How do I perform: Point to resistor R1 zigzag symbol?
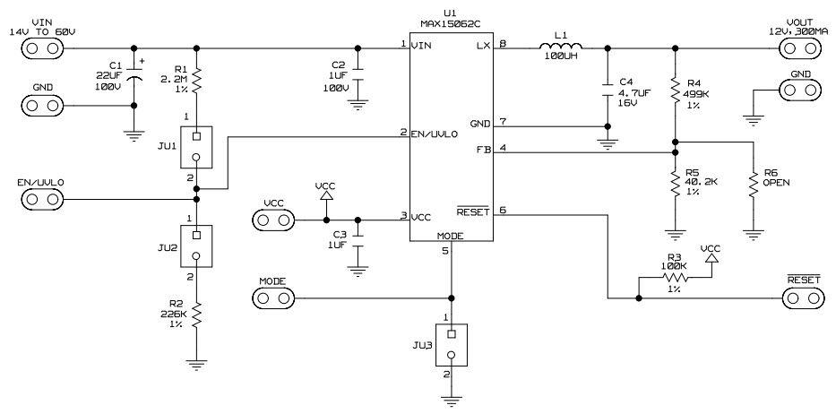click(x=197, y=82)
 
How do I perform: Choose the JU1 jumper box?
click(x=197, y=147)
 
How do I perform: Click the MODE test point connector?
click(x=272, y=298)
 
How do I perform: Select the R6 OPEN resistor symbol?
click(x=754, y=184)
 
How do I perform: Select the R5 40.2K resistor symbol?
click(x=674, y=184)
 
